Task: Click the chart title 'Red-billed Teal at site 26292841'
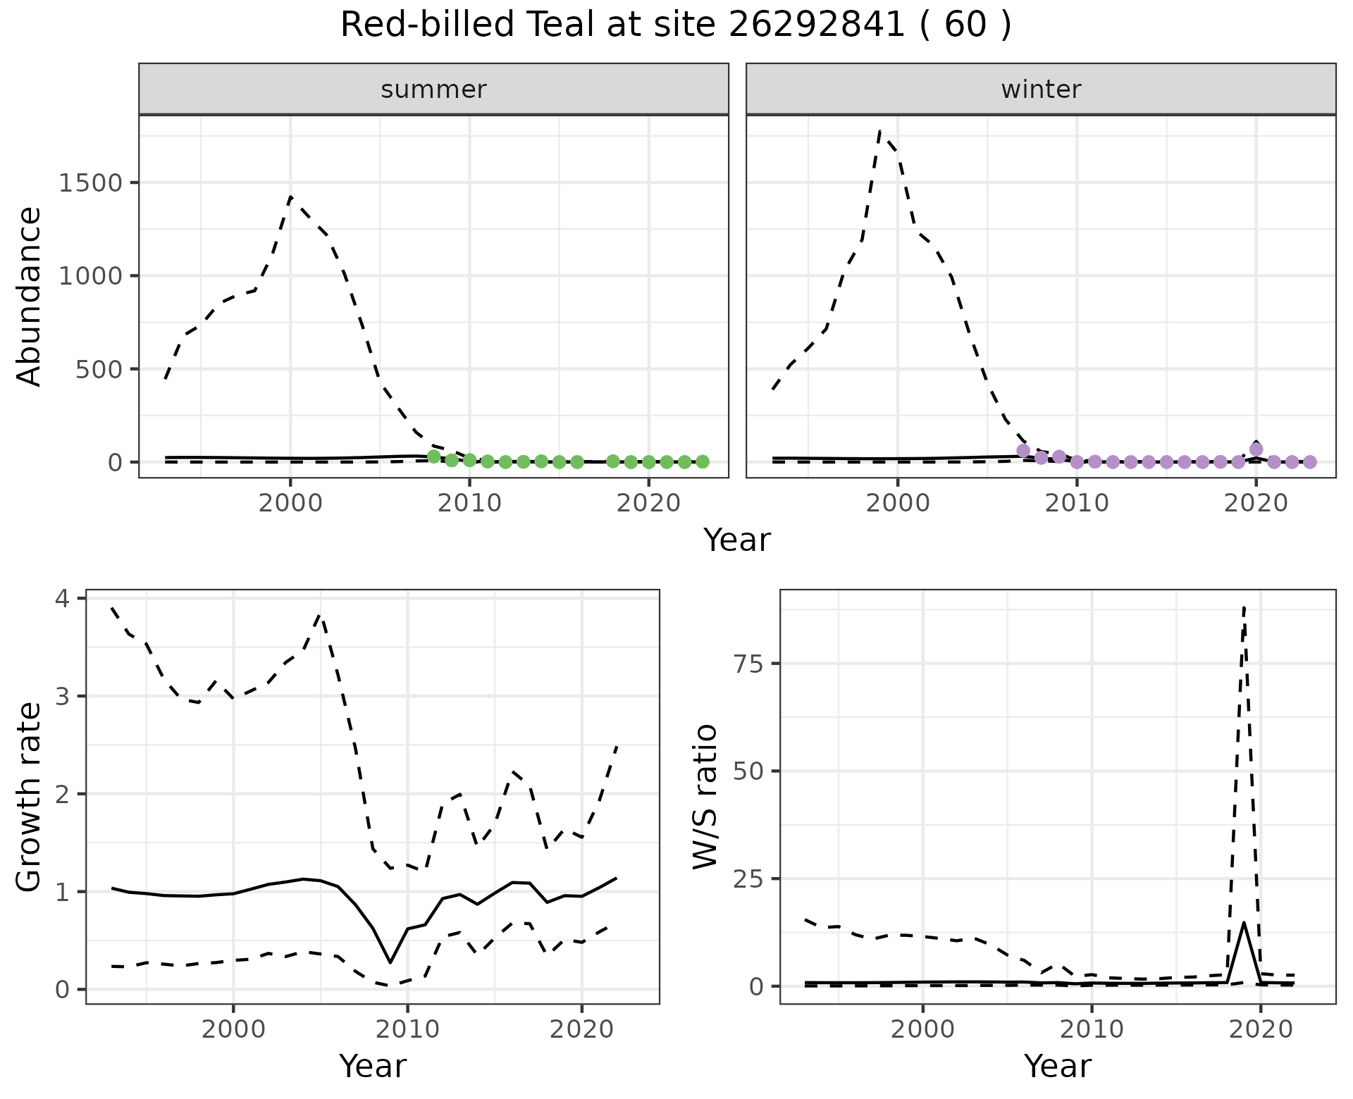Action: [675, 25]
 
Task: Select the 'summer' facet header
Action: [433, 89]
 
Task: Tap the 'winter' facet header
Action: [1041, 89]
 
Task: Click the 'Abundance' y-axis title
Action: [30, 296]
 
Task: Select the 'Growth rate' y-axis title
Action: [30, 797]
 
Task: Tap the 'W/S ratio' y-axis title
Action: [705, 796]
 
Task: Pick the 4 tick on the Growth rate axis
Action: [64, 600]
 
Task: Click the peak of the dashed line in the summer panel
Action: [290, 197]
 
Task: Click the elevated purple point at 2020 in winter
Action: [1256, 449]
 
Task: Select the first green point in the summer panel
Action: [434, 457]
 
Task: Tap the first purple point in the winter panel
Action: [1023, 450]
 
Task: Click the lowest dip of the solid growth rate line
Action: [390, 962]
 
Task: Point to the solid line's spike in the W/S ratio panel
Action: [1244, 923]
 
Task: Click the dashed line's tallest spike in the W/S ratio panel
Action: [1244, 607]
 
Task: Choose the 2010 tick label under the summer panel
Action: [469, 504]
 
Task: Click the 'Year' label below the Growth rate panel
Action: [373, 1066]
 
